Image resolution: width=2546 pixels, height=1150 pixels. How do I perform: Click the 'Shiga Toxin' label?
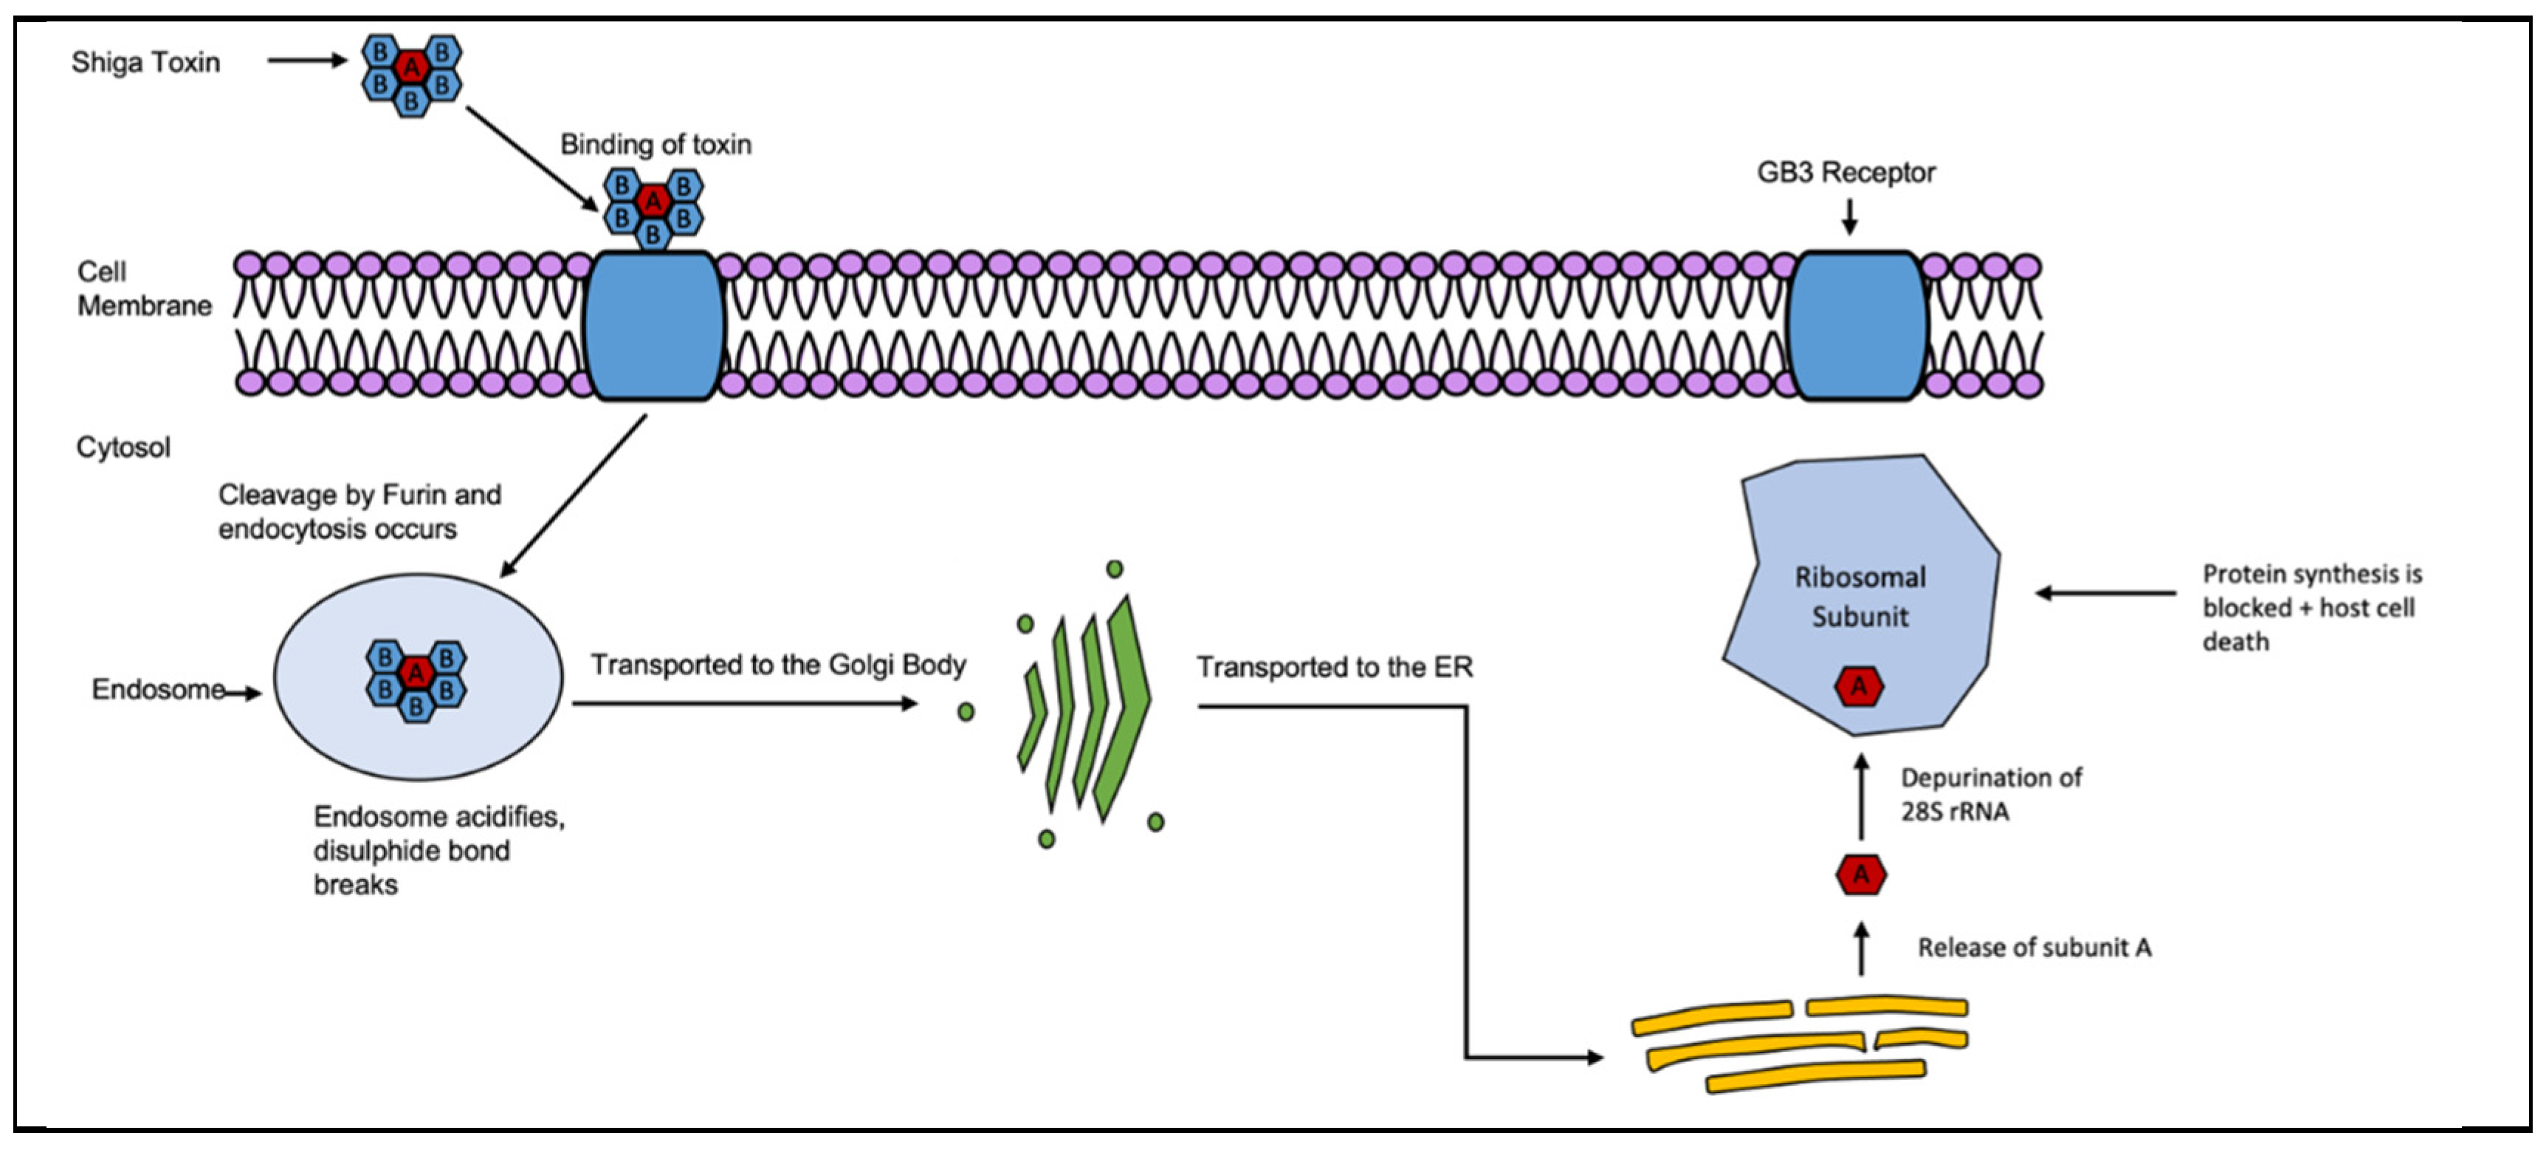click(145, 62)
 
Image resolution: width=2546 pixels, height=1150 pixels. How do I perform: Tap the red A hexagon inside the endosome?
click(416, 674)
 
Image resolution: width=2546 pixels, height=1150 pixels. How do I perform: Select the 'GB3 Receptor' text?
click(1845, 172)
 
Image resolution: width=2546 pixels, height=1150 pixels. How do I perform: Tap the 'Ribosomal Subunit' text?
click(1860, 596)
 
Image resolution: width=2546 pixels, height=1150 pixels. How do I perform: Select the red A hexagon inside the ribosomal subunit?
click(1858, 686)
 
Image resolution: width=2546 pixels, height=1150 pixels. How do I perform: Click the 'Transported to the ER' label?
click(1335, 668)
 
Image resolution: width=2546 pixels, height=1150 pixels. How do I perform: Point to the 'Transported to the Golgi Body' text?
click(778, 665)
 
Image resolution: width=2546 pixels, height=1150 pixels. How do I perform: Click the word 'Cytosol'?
click(123, 448)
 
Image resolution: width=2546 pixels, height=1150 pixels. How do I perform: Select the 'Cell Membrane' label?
click(143, 289)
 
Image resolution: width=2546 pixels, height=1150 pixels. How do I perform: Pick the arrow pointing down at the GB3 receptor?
click(1849, 216)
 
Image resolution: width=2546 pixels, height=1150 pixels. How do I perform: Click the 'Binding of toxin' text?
click(656, 144)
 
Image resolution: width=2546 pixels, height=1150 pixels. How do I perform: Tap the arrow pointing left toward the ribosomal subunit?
click(2105, 593)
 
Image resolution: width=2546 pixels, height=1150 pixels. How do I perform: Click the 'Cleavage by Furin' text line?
click(359, 494)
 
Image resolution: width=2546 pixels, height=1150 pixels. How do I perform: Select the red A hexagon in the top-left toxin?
click(411, 67)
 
